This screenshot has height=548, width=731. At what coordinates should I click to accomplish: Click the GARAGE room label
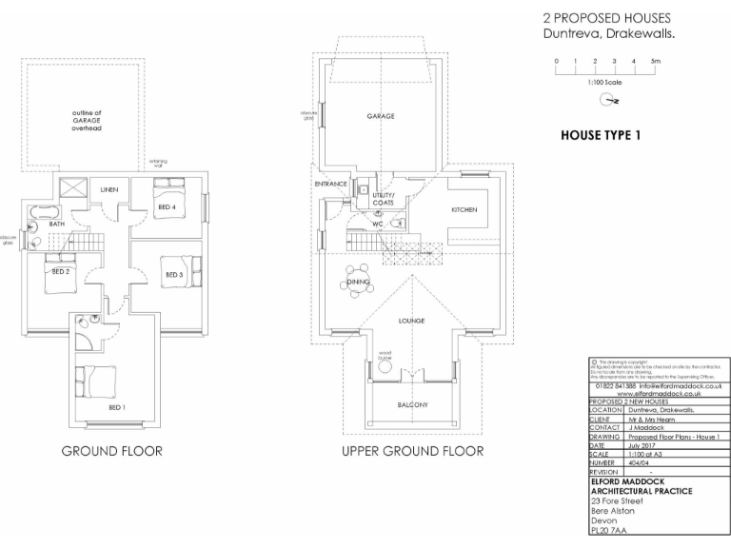click(x=381, y=116)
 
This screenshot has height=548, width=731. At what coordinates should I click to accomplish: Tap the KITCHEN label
click(x=464, y=209)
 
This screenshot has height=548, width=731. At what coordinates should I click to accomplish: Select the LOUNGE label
click(x=411, y=322)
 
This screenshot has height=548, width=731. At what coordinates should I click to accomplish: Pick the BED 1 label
click(x=117, y=406)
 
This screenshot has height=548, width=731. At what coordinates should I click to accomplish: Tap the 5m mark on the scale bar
click(x=655, y=61)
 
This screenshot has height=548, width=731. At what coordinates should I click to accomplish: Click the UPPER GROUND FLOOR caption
click(x=412, y=451)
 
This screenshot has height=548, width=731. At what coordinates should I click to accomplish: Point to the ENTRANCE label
click(x=328, y=183)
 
